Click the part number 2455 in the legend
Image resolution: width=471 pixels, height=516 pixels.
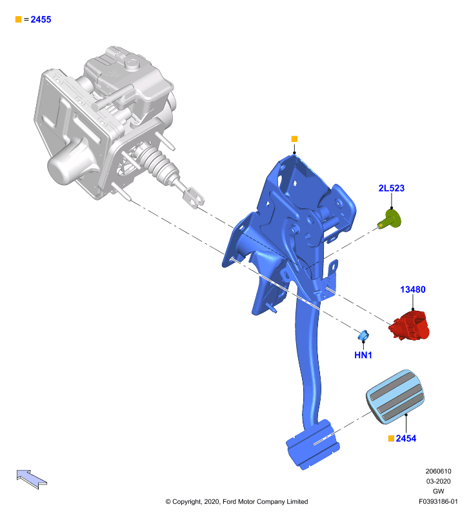pyautogui.click(x=41, y=19)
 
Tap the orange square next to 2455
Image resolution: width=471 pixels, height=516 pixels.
pyautogui.click(x=19, y=19)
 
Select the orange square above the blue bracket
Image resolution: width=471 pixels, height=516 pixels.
pyautogui.click(x=294, y=139)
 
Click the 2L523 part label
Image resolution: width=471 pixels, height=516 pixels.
pyautogui.click(x=392, y=188)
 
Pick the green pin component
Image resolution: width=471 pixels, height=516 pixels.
pyautogui.click(x=390, y=220)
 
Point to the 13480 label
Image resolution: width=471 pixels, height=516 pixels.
pyautogui.click(x=413, y=289)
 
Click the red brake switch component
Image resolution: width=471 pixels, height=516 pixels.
pyautogui.click(x=410, y=325)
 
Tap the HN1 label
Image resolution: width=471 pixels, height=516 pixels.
pyautogui.click(x=363, y=355)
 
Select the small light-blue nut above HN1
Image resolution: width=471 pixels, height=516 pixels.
pyautogui.click(x=363, y=335)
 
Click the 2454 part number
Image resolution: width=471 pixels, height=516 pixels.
pyautogui.click(x=406, y=439)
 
